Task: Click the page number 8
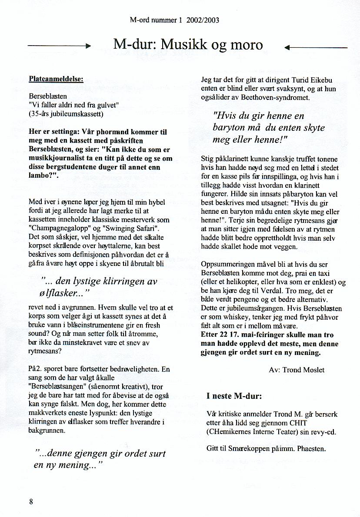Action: click(x=31, y=502)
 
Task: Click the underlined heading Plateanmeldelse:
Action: click(x=56, y=79)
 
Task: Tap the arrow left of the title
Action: click(x=59, y=46)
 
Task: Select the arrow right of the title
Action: click(x=316, y=47)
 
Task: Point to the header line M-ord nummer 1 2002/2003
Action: click(x=174, y=20)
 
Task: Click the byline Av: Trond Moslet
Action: click(x=297, y=370)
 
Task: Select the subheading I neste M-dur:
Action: click(x=234, y=396)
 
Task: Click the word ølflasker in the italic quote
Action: click(x=60, y=294)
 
